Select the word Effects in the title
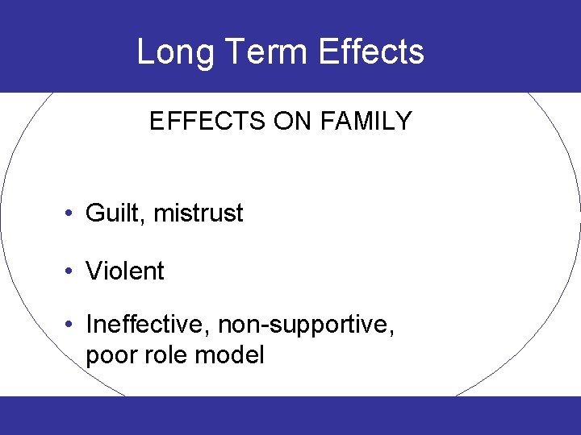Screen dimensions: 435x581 (371, 52)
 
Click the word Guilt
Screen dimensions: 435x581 (114, 213)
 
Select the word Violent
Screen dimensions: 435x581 (125, 271)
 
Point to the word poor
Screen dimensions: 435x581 (111, 355)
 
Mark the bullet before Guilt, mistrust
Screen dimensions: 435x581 (71, 213)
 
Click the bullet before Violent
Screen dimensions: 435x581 (71, 271)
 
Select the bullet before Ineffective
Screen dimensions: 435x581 (71, 325)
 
